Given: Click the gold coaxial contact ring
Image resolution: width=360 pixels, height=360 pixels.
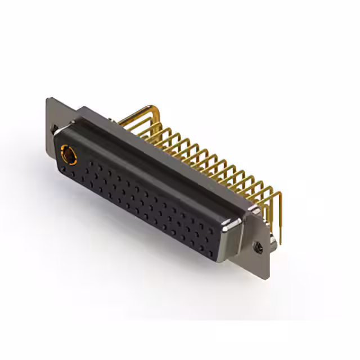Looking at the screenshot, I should point(68,153).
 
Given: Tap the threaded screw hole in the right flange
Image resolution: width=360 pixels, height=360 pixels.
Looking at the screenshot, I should point(259,246).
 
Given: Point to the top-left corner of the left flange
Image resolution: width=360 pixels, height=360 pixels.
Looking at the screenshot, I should point(48,98).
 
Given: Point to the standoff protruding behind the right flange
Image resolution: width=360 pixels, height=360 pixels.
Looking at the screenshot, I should point(272,240).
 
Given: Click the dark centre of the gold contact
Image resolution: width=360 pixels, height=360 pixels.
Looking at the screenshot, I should point(67,153).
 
